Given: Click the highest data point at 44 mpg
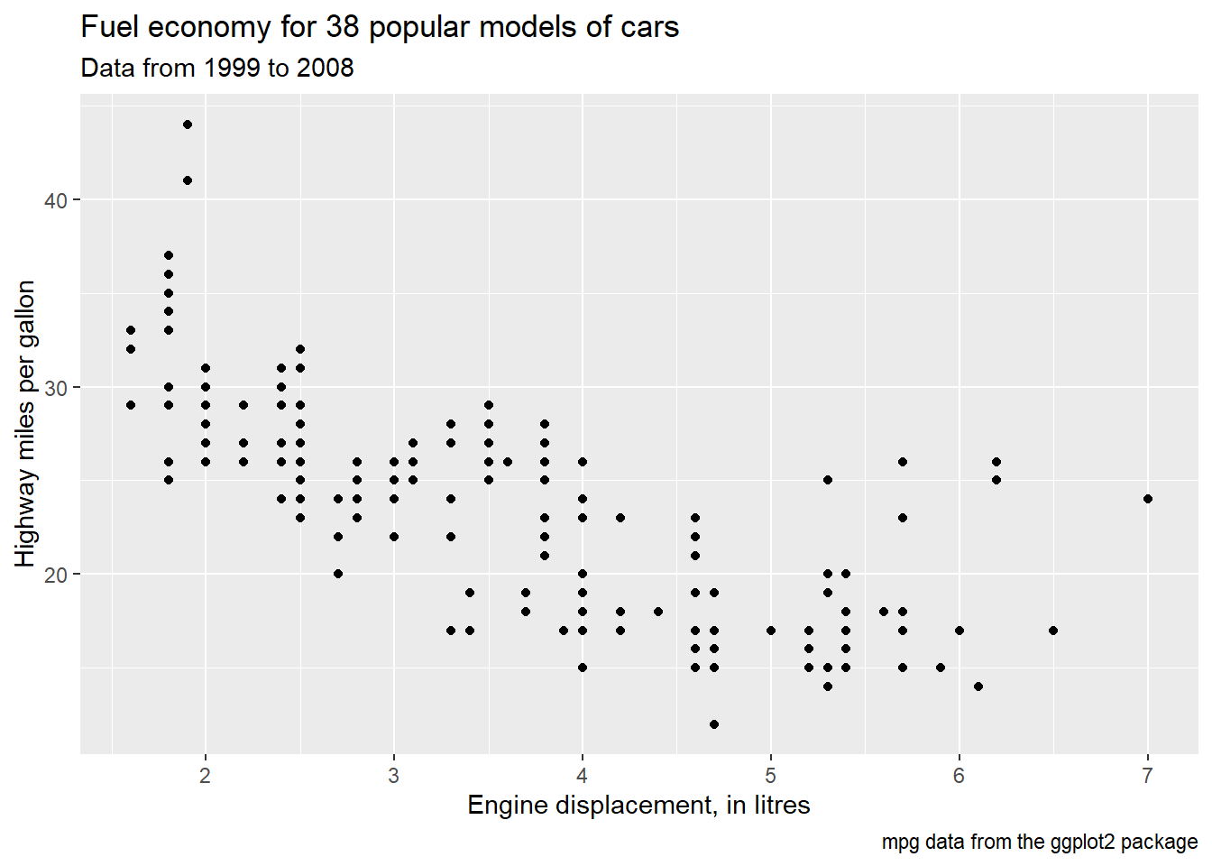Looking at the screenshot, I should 188,124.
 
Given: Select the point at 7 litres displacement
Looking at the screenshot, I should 1147,499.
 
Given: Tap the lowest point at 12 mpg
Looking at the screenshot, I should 714,724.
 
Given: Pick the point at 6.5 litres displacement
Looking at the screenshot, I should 1053,631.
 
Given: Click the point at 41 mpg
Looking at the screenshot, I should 188,180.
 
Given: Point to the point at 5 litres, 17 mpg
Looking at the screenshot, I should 771,631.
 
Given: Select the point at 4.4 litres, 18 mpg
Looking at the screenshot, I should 658,612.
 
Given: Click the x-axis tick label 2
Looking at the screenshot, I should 206,776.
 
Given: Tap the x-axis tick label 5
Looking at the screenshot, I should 771,776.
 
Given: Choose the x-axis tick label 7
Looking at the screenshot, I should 1147,776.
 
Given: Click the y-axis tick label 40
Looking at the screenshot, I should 56,200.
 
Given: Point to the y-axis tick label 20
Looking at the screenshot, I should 56,575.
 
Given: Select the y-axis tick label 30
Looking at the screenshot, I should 56,388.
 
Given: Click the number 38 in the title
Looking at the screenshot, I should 343,27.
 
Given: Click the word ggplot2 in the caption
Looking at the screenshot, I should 1083,843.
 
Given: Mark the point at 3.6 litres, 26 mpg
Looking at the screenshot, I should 508,462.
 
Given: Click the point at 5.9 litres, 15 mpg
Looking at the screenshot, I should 941,668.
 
